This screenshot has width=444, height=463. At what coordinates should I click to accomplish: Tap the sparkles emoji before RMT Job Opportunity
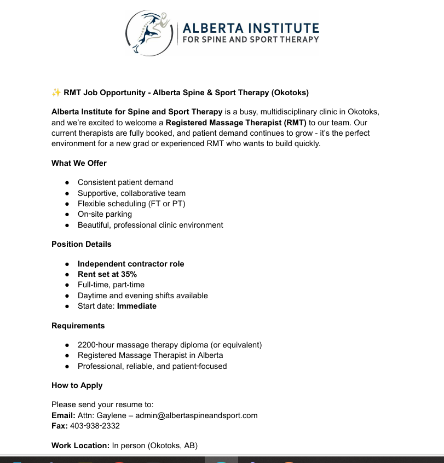[56, 92]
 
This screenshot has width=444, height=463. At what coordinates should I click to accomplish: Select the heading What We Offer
[79, 163]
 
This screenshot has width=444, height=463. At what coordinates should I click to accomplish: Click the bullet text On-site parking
[105, 214]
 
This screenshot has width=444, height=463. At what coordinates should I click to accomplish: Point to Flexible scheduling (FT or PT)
[131, 204]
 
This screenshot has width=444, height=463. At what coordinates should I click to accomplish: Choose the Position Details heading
[82, 244]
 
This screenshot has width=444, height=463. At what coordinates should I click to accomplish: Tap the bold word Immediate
[137, 306]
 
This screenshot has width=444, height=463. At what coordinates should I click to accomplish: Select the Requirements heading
[78, 326]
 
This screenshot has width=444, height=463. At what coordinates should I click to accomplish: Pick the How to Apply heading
[77, 385]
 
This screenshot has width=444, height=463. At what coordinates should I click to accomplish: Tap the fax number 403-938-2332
[95, 426]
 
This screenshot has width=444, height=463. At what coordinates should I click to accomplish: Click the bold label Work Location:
[80, 445]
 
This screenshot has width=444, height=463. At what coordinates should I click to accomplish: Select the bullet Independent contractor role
[131, 264]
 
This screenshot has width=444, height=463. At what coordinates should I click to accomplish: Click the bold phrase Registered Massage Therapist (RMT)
[236, 123]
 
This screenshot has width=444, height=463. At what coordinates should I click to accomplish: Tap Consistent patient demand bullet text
[125, 182]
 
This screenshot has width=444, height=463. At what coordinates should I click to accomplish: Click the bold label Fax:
[60, 426]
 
